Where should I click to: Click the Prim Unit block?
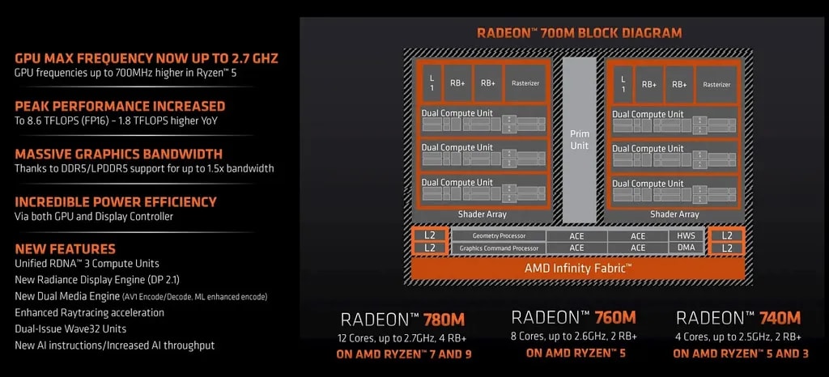pos(579,138)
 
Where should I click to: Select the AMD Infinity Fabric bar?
pos(579,268)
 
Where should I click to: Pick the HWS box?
pos(686,235)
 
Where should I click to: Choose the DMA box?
pos(686,248)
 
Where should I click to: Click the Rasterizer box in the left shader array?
pos(526,83)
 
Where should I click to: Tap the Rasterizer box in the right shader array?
pos(716,83)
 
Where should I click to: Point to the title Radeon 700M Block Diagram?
pos(579,33)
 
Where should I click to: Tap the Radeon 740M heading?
pos(738,317)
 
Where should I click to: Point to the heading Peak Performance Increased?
pos(120,106)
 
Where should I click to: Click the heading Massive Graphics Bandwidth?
pos(118,154)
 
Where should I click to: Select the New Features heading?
pos(66,249)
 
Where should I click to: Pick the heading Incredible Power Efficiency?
pos(116,201)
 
